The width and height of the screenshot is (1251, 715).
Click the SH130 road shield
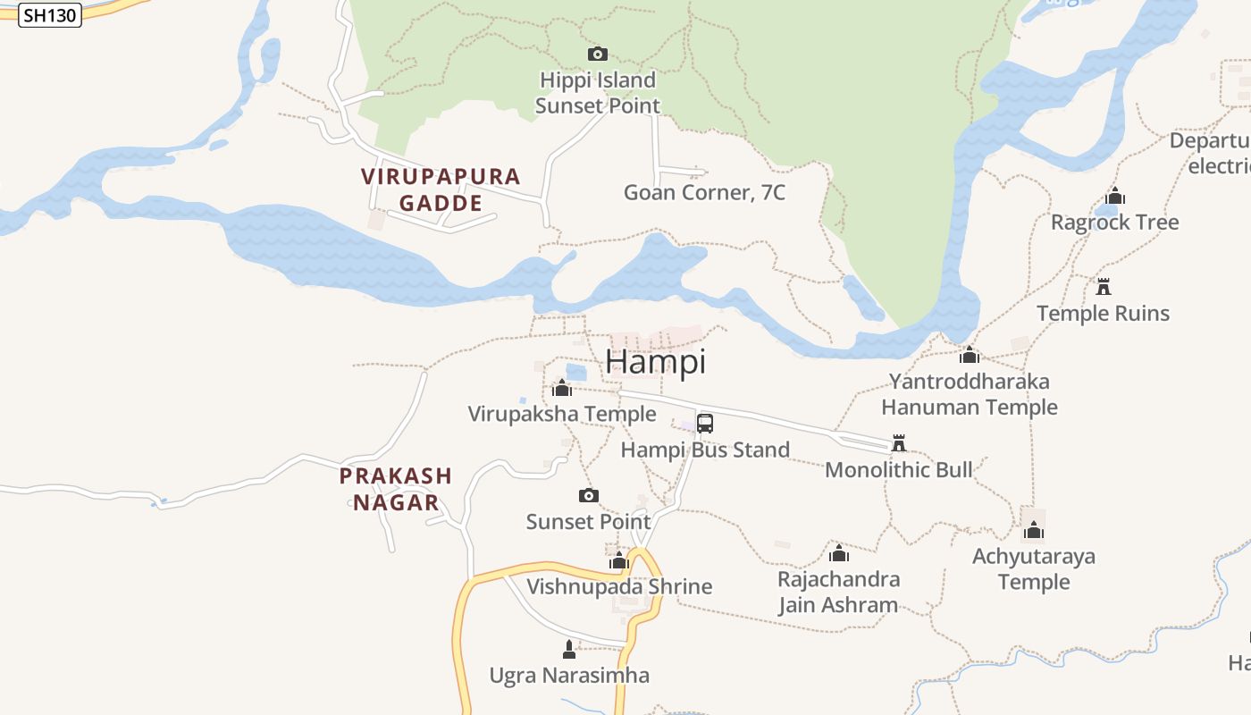point(50,15)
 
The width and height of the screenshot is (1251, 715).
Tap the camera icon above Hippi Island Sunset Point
point(598,55)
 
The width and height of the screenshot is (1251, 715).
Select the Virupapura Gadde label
point(441,189)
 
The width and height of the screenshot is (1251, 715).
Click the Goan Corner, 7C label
point(704,192)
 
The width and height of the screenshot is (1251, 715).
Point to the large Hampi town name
point(655,362)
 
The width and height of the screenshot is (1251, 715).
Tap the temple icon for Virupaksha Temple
point(562,388)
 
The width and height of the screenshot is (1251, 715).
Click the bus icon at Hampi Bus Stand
point(705,423)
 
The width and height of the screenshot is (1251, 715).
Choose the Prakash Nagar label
point(396,489)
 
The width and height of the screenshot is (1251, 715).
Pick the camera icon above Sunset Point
point(588,495)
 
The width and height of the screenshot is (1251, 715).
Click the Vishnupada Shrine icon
point(619,561)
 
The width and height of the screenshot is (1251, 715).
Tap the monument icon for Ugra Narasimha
point(569,650)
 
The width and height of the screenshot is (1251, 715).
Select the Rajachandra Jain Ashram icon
point(838,554)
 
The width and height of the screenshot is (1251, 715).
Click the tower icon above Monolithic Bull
point(899,443)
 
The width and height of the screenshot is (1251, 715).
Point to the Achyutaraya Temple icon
point(1034,531)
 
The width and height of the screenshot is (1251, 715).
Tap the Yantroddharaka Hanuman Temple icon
point(970,356)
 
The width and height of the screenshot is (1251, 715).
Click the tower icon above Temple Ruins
point(1104,287)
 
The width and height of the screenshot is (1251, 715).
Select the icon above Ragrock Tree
point(1115,197)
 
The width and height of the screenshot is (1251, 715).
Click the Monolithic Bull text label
point(898,470)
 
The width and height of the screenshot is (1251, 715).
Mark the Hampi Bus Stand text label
point(705,450)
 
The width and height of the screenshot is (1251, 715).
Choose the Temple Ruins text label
point(1103,314)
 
